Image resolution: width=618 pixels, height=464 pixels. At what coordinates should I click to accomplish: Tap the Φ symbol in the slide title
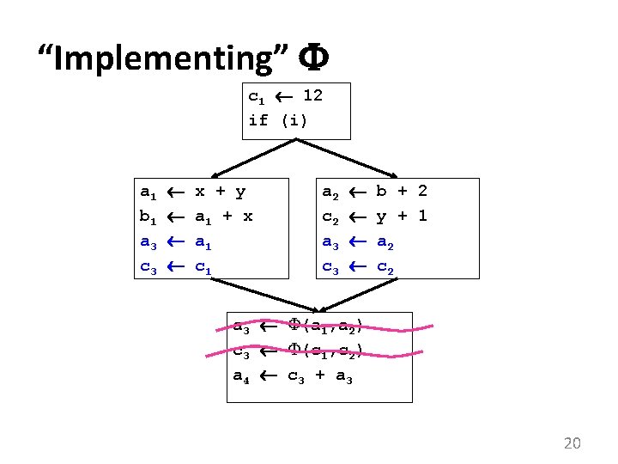312,58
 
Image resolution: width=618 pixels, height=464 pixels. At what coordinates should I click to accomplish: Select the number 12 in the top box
312,95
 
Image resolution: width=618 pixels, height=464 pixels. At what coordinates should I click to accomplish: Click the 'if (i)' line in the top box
277,119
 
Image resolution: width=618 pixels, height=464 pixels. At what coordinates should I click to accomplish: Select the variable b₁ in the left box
148,217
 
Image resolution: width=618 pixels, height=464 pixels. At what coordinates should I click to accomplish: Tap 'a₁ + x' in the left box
224,217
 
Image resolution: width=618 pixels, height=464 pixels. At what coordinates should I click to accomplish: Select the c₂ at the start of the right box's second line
330,217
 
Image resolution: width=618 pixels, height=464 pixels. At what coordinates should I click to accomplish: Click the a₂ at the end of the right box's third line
387,243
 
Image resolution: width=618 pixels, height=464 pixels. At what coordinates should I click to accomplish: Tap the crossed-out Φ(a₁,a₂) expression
325,325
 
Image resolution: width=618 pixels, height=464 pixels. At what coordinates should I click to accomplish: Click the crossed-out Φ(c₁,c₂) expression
325,350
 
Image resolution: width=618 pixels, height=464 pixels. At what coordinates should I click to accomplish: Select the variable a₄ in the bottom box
244,375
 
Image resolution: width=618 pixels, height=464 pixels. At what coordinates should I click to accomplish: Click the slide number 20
572,443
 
